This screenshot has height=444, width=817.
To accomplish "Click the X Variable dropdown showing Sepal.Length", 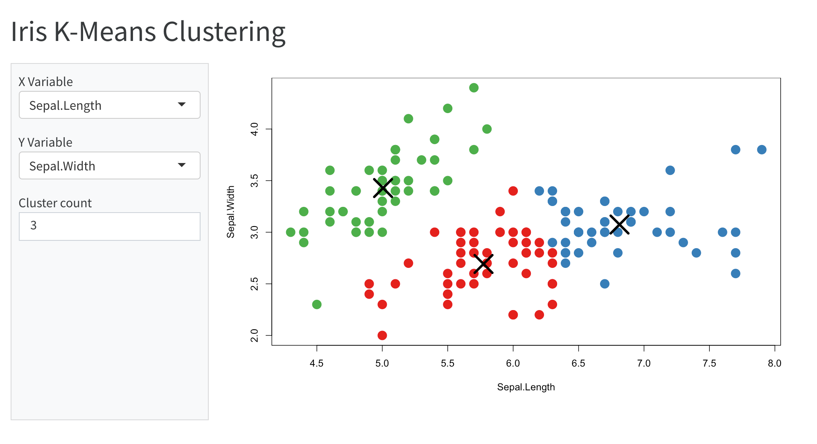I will pyautogui.click(x=109, y=105).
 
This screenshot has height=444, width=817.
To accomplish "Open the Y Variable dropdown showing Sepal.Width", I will pyautogui.click(x=109, y=166).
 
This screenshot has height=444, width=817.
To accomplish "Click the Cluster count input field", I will pyautogui.click(x=109, y=226).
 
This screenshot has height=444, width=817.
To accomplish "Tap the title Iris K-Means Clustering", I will pyautogui.click(x=148, y=32).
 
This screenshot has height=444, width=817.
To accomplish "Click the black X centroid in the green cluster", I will pyautogui.click(x=383, y=188).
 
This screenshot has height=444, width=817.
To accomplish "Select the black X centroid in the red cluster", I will pyautogui.click(x=483, y=264).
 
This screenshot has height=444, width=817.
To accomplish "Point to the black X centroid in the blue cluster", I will pyautogui.click(x=619, y=224).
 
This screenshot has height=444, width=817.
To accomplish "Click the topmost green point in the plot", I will pyautogui.click(x=474, y=88).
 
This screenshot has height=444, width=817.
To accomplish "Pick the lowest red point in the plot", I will pyautogui.click(x=382, y=335).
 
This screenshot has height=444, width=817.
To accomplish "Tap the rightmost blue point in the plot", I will pyautogui.click(x=761, y=150).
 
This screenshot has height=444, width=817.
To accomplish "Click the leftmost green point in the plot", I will pyautogui.click(x=291, y=232).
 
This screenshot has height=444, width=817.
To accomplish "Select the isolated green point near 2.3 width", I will pyautogui.click(x=316, y=304).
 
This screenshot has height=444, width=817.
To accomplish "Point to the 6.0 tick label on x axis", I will pyautogui.click(x=513, y=363).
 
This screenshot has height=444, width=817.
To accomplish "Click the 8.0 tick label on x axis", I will pyautogui.click(x=774, y=363).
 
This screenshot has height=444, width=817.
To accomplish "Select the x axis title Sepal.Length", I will pyautogui.click(x=526, y=387).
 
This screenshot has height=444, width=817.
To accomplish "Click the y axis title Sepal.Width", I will pyautogui.click(x=231, y=212).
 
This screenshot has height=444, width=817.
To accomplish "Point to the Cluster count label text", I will pyautogui.click(x=55, y=203).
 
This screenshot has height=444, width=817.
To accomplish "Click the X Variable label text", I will pyautogui.click(x=46, y=82).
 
